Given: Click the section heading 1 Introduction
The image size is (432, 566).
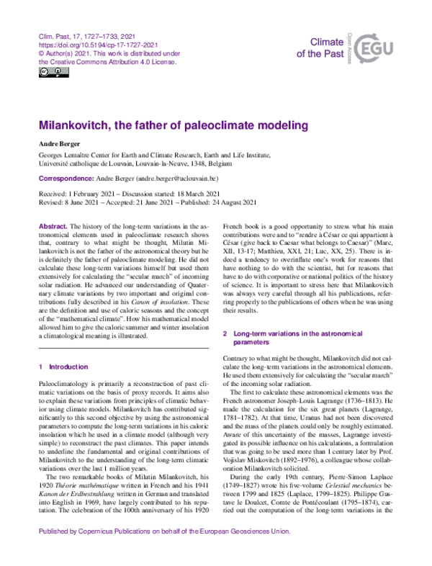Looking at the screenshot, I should click(x=63, y=367).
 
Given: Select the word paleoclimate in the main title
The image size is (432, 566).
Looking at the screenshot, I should click(x=192, y=126).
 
